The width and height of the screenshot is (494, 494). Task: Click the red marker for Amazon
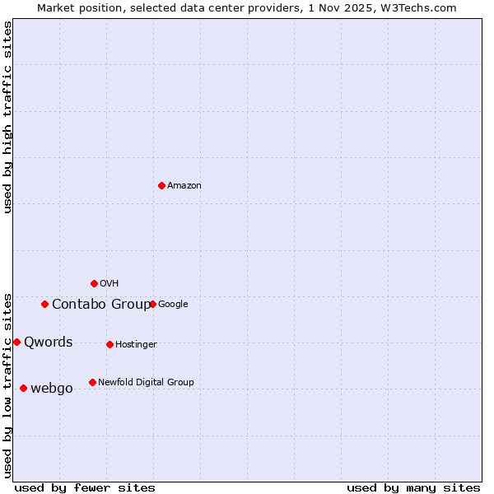pos(161,185)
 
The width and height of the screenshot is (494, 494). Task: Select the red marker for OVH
pos(94,283)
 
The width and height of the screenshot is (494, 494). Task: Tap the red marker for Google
pos(152,304)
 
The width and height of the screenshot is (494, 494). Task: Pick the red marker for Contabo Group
pos(44,304)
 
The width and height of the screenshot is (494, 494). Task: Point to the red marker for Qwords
pos(16,342)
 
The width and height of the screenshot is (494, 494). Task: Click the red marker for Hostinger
pos(110,344)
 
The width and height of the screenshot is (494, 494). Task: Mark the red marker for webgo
pos(23,388)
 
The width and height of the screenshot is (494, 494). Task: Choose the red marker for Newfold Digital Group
pos(92,382)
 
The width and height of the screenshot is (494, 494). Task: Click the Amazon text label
pos(184,186)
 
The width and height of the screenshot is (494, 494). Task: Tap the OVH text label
pos(110,284)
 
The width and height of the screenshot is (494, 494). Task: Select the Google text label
pos(173,305)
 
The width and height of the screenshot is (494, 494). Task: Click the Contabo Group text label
pos(101,305)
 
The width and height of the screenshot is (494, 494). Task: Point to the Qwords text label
pos(49,343)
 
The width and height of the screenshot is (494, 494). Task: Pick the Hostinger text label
pos(136,345)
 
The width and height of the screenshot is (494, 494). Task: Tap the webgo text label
pos(52,389)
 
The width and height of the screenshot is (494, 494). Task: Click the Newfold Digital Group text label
pos(146,383)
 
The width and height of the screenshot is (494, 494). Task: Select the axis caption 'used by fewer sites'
pos(85,487)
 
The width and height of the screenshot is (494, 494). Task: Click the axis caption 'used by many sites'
pos(413,487)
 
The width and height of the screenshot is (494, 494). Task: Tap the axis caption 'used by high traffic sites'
pos(7,117)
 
